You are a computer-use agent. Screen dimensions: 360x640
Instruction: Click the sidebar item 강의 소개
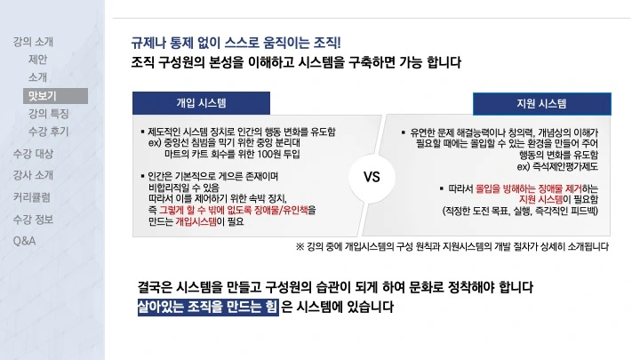pos(33,42)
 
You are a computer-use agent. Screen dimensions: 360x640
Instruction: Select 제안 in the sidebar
pos(37,60)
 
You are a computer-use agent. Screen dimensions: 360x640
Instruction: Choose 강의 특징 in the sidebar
pos(48,114)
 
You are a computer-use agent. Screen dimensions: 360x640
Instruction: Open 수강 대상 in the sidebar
pos(33,154)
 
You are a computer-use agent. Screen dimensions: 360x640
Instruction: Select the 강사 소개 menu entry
pos(33,175)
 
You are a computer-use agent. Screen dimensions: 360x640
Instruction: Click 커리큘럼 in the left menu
pos(31,196)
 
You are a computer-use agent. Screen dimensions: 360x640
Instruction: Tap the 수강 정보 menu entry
pos(33,219)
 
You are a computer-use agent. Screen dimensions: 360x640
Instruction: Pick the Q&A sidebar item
pos(24,240)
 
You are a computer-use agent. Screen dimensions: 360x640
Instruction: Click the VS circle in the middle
pos(372,176)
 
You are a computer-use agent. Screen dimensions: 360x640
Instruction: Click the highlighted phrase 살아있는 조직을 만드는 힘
pos(207,308)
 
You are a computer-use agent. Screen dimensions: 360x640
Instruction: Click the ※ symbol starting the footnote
pos(300,246)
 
